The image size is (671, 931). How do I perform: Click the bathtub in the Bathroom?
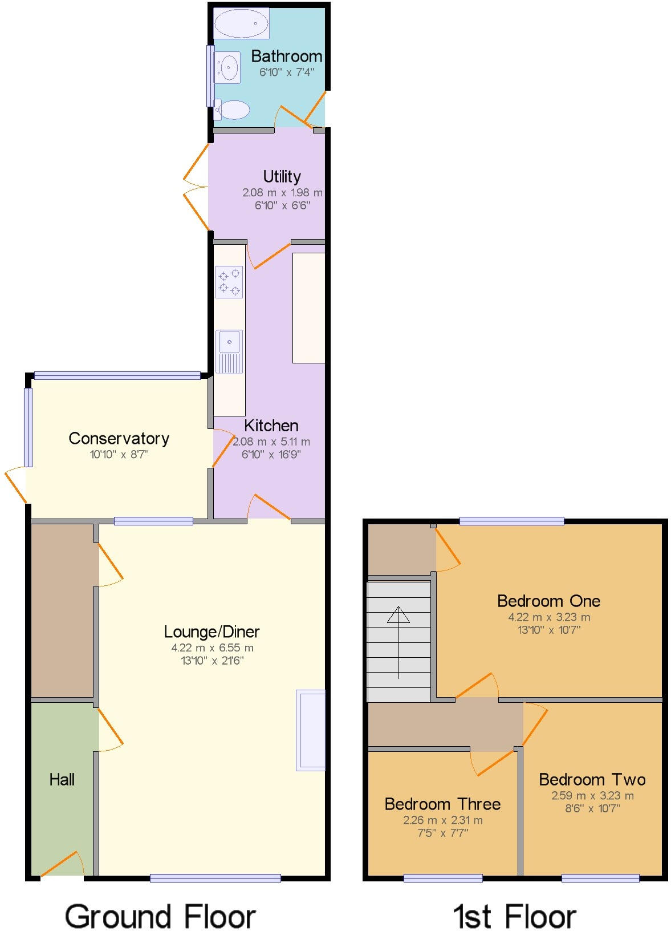click(x=241, y=23)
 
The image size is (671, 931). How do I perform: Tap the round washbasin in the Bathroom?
click(x=229, y=68)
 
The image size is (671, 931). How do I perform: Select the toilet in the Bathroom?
click(x=233, y=110)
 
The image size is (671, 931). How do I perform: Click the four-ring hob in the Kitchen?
click(x=229, y=282)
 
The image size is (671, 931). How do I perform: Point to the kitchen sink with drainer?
click(x=229, y=352)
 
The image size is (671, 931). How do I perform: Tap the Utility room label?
click(x=282, y=176)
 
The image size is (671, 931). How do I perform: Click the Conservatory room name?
click(x=119, y=438)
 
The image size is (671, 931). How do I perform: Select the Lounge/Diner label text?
click(x=212, y=632)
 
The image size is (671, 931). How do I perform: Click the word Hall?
click(x=62, y=780)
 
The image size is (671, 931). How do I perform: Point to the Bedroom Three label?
click(x=442, y=804)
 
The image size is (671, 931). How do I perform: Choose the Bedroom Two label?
click(x=592, y=779)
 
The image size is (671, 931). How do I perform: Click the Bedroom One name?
click(x=548, y=601)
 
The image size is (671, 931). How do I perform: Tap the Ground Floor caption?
click(x=160, y=917)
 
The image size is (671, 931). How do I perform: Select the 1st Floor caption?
click(x=514, y=917)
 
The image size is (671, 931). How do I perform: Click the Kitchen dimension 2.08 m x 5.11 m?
click(x=271, y=442)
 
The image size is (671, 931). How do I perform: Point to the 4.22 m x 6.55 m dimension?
click(x=212, y=648)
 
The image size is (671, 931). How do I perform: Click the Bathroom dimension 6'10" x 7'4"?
click(x=286, y=72)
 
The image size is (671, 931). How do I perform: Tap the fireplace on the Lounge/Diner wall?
click(x=311, y=730)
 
